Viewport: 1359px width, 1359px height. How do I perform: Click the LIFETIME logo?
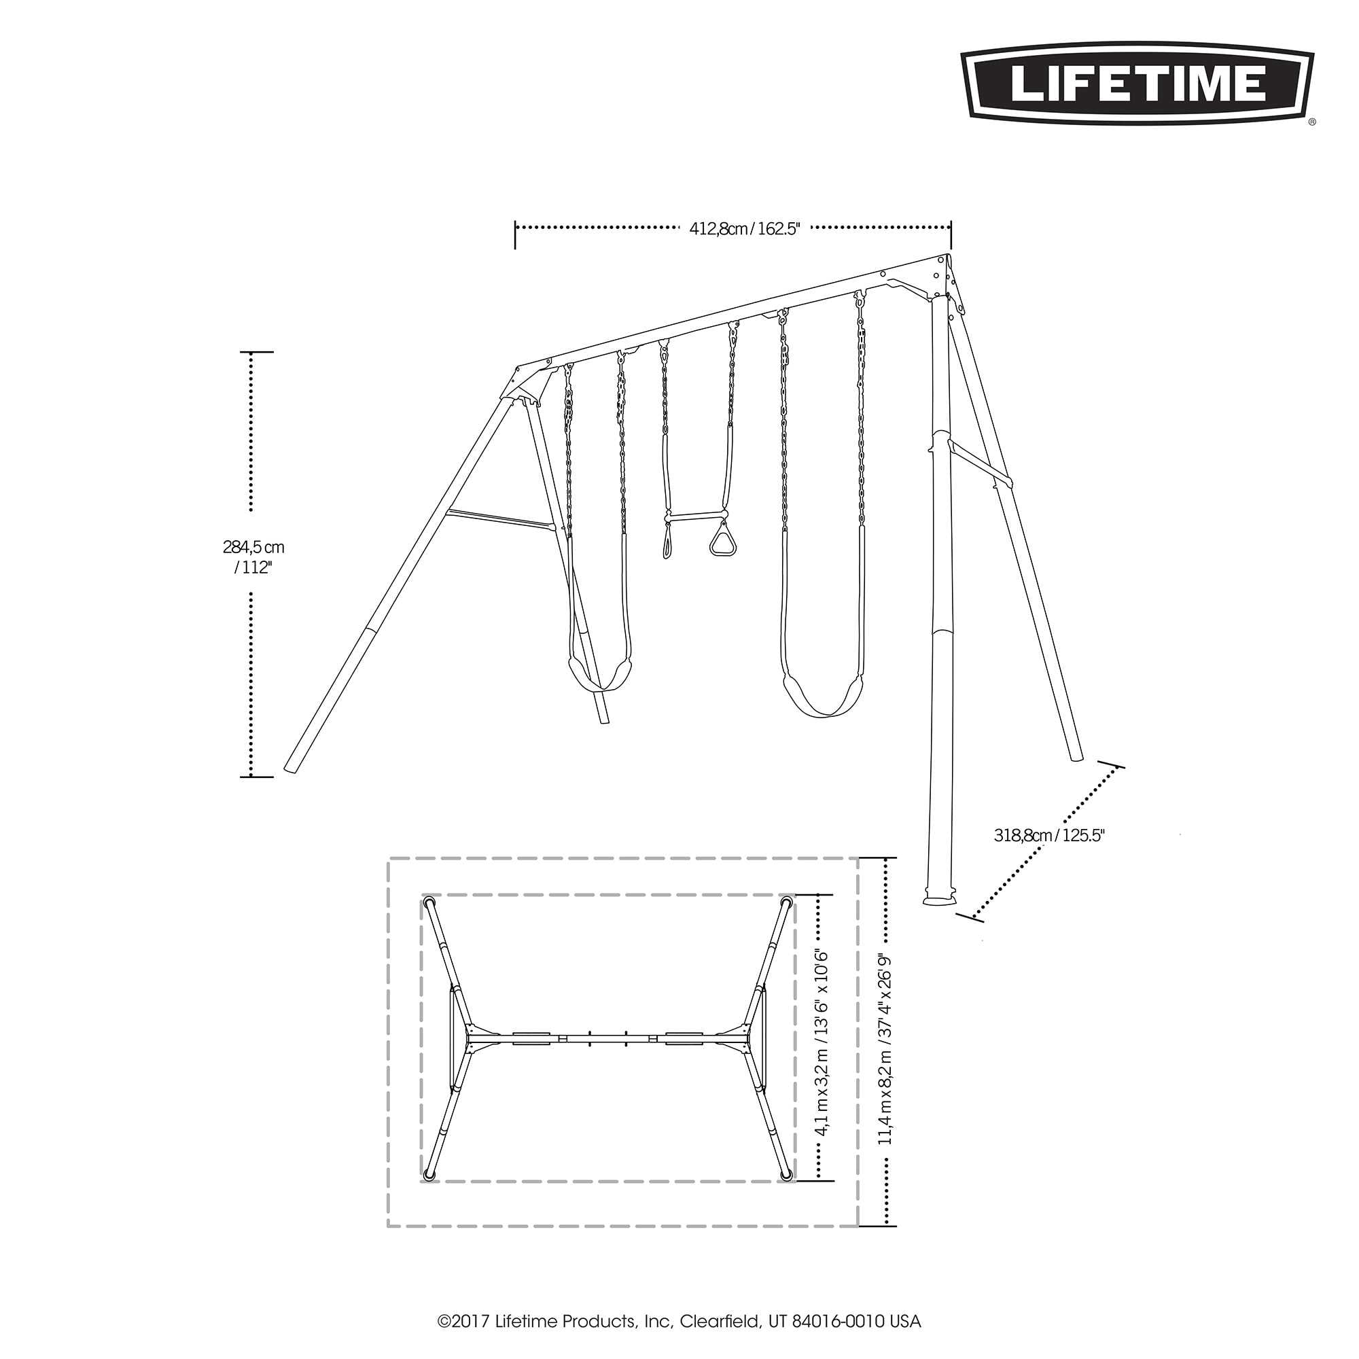coord(1138,84)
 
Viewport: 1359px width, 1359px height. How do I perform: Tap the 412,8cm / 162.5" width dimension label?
coord(745,228)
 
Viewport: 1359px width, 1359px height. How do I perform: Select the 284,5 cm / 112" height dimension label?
coord(253,557)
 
